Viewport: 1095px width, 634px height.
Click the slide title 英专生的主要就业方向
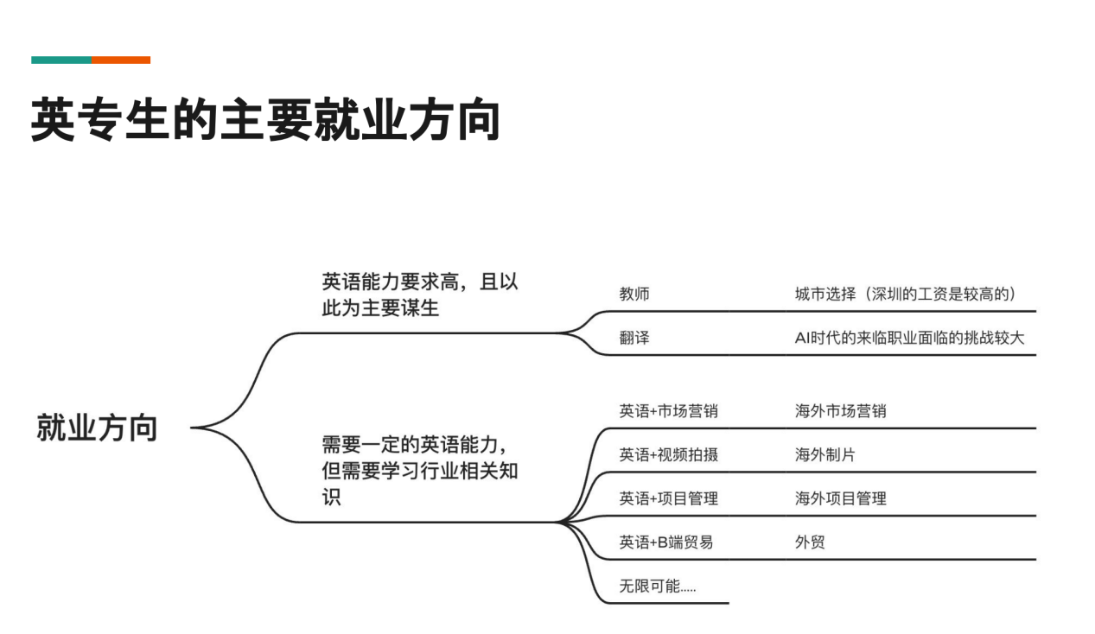tap(265, 119)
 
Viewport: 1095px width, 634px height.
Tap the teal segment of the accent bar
tap(61, 60)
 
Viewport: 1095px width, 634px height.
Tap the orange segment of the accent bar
tap(121, 60)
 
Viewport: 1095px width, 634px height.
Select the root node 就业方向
tap(97, 428)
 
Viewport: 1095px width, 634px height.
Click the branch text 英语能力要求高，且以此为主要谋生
tap(419, 295)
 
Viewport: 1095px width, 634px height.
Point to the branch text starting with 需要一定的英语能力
tap(419, 471)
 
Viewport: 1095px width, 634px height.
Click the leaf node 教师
tap(634, 294)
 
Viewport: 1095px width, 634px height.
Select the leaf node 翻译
tap(634, 338)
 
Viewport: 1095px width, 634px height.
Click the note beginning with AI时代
tap(909, 338)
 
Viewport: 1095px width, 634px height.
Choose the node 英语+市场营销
tap(668, 411)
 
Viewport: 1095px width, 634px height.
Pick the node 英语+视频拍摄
tap(668, 454)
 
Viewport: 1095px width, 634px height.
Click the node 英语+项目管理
tap(668, 498)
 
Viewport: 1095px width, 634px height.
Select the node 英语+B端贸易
tap(665, 542)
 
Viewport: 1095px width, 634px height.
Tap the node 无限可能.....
tap(658, 586)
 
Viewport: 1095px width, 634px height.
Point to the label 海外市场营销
tap(840, 411)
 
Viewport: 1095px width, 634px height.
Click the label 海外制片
tap(824, 454)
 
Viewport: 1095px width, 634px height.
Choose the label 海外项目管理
tap(840, 498)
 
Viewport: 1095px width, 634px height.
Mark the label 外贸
tap(810, 542)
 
